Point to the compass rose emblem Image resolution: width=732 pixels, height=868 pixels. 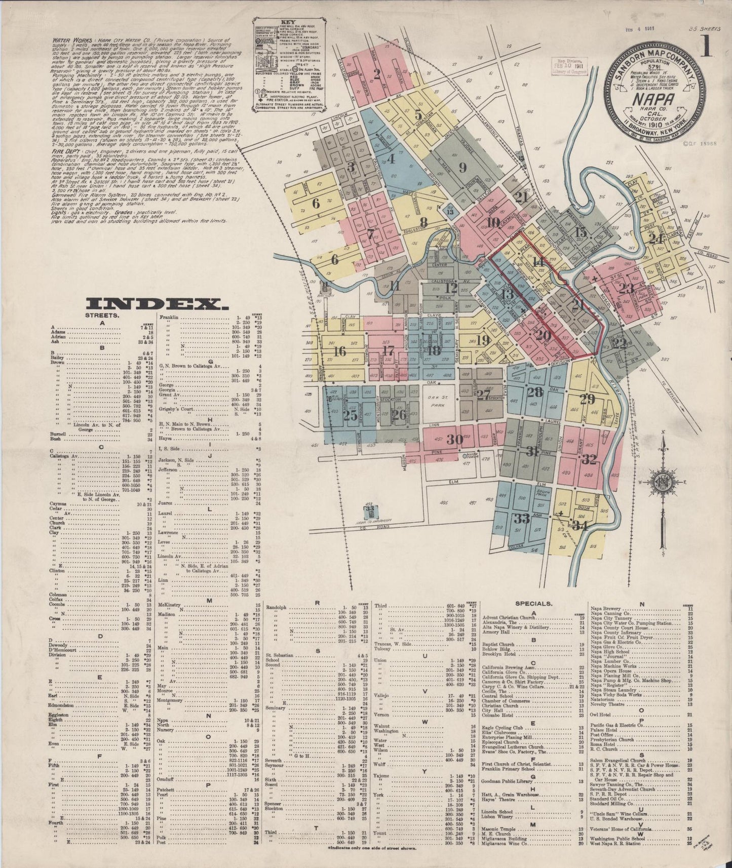pyautogui.click(x=662, y=480)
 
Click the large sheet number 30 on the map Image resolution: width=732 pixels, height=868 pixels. pyautogui.click(x=455, y=439)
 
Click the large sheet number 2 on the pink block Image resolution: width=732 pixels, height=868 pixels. pyautogui.click(x=376, y=74)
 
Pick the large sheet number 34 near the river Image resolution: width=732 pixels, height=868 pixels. pyautogui.click(x=580, y=526)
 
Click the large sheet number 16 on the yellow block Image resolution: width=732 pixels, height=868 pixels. pyautogui.click(x=340, y=351)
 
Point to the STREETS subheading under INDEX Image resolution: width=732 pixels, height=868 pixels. pyautogui.click(x=107, y=314)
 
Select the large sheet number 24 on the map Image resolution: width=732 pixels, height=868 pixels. pyautogui.click(x=656, y=239)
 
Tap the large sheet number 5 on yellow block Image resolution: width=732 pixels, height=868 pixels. pyautogui.click(x=418, y=113)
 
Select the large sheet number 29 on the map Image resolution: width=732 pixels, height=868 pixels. pyautogui.click(x=587, y=399)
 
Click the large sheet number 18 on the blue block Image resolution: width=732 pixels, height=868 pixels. pyautogui.click(x=434, y=349)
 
